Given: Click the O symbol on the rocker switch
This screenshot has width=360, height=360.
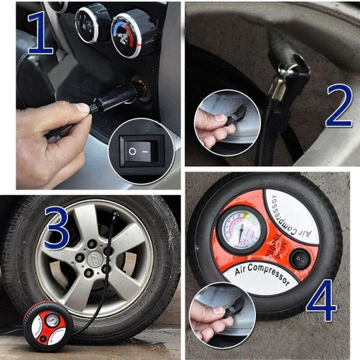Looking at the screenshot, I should coord(132,151).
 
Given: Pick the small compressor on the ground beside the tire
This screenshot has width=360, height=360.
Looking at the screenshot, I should coord(47,324).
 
